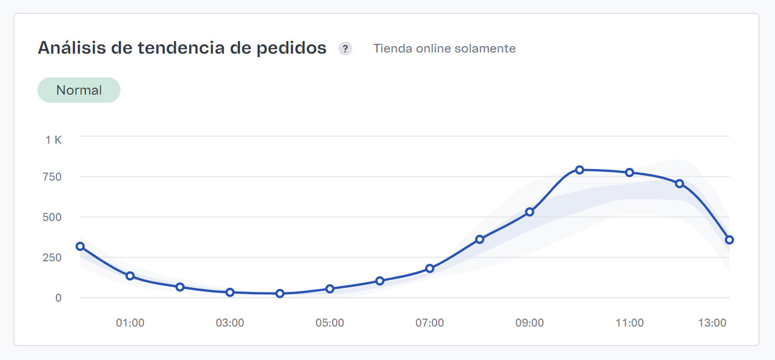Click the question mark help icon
[345, 48]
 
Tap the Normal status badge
[79, 90]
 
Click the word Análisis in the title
[70, 48]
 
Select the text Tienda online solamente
[444, 48]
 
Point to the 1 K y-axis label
[54, 140]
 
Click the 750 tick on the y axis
[52, 177]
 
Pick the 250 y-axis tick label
[52, 257]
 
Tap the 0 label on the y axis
[58, 298]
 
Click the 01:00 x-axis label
[130, 323]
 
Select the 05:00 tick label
[330, 323]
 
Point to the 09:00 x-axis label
[529, 323]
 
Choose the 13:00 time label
[712, 323]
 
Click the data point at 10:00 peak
[580, 170]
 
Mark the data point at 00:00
[80, 246]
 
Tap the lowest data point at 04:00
[280, 293]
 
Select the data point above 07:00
[430, 268]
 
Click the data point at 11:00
[630, 172]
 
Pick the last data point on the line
[729, 239]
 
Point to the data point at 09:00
[529, 212]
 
